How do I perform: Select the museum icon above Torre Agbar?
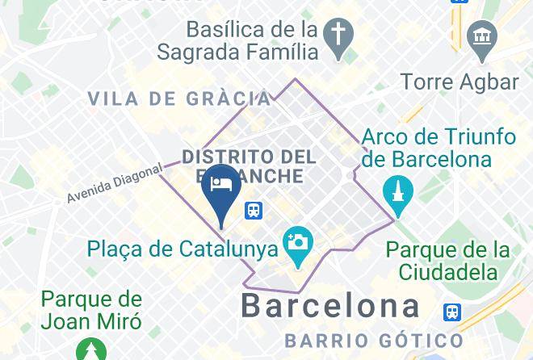(483, 37)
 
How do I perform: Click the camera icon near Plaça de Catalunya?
(297, 241)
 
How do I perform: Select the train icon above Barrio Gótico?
(453, 312)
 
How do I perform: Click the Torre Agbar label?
(460, 82)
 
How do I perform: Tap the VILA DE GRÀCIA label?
(179, 99)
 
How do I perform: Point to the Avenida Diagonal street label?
(115, 183)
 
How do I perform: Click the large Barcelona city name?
(331, 306)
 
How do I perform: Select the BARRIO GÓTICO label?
(373, 341)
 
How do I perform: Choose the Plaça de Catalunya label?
(183, 248)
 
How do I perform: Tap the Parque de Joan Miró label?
(91, 311)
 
